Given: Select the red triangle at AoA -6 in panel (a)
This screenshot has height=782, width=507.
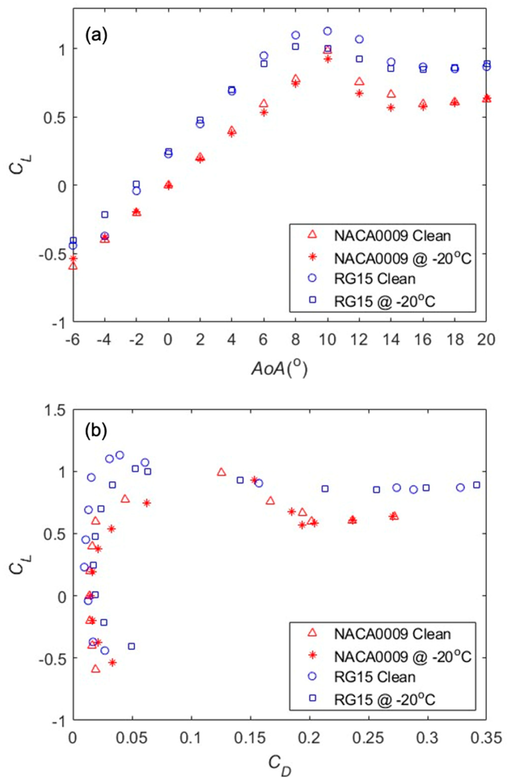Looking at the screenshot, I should (x=73, y=265).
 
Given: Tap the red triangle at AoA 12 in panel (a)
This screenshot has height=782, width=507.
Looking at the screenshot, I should (x=359, y=81).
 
